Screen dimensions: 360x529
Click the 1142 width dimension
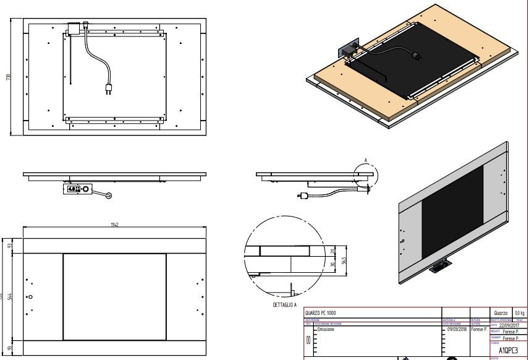click(x=114, y=225)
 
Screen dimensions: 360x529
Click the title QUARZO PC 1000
click(x=321, y=313)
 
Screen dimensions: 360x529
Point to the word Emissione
click(x=328, y=330)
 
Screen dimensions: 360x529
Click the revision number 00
click(x=308, y=341)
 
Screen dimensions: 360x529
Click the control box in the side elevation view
click(x=77, y=189)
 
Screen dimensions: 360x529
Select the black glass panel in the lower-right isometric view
click(x=452, y=213)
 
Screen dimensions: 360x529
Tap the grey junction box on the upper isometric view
click(x=345, y=50)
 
